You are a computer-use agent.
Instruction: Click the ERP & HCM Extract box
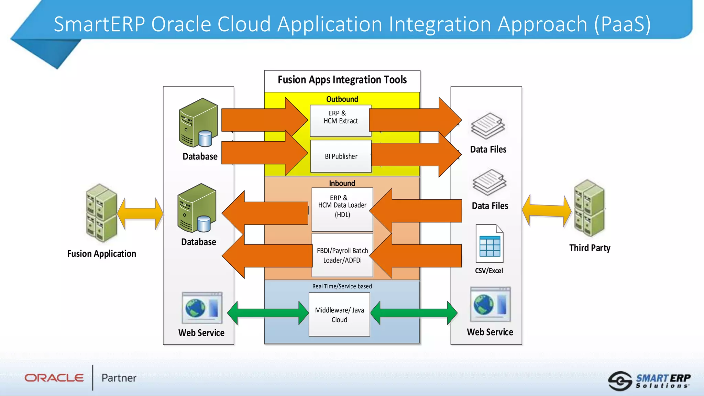(340, 120)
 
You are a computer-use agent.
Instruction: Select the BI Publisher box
(341, 156)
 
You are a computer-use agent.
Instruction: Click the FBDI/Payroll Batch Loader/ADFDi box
(342, 255)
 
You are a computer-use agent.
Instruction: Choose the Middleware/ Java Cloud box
(339, 315)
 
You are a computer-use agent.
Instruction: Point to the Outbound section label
(342, 99)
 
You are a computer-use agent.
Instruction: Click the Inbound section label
(342, 183)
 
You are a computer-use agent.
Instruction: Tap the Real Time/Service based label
(342, 286)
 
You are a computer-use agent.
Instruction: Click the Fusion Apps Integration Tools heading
(342, 80)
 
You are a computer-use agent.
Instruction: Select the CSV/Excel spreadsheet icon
(489, 244)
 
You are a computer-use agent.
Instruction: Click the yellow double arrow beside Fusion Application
(140, 213)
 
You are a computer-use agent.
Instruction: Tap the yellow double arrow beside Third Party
(547, 210)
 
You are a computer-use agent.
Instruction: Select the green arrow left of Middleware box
(268, 313)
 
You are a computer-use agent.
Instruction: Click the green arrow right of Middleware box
(414, 313)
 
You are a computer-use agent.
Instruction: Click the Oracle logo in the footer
(54, 378)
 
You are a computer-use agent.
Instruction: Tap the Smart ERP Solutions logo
(649, 381)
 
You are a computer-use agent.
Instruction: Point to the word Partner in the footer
(119, 378)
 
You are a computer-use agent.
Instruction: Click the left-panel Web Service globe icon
(202, 308)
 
